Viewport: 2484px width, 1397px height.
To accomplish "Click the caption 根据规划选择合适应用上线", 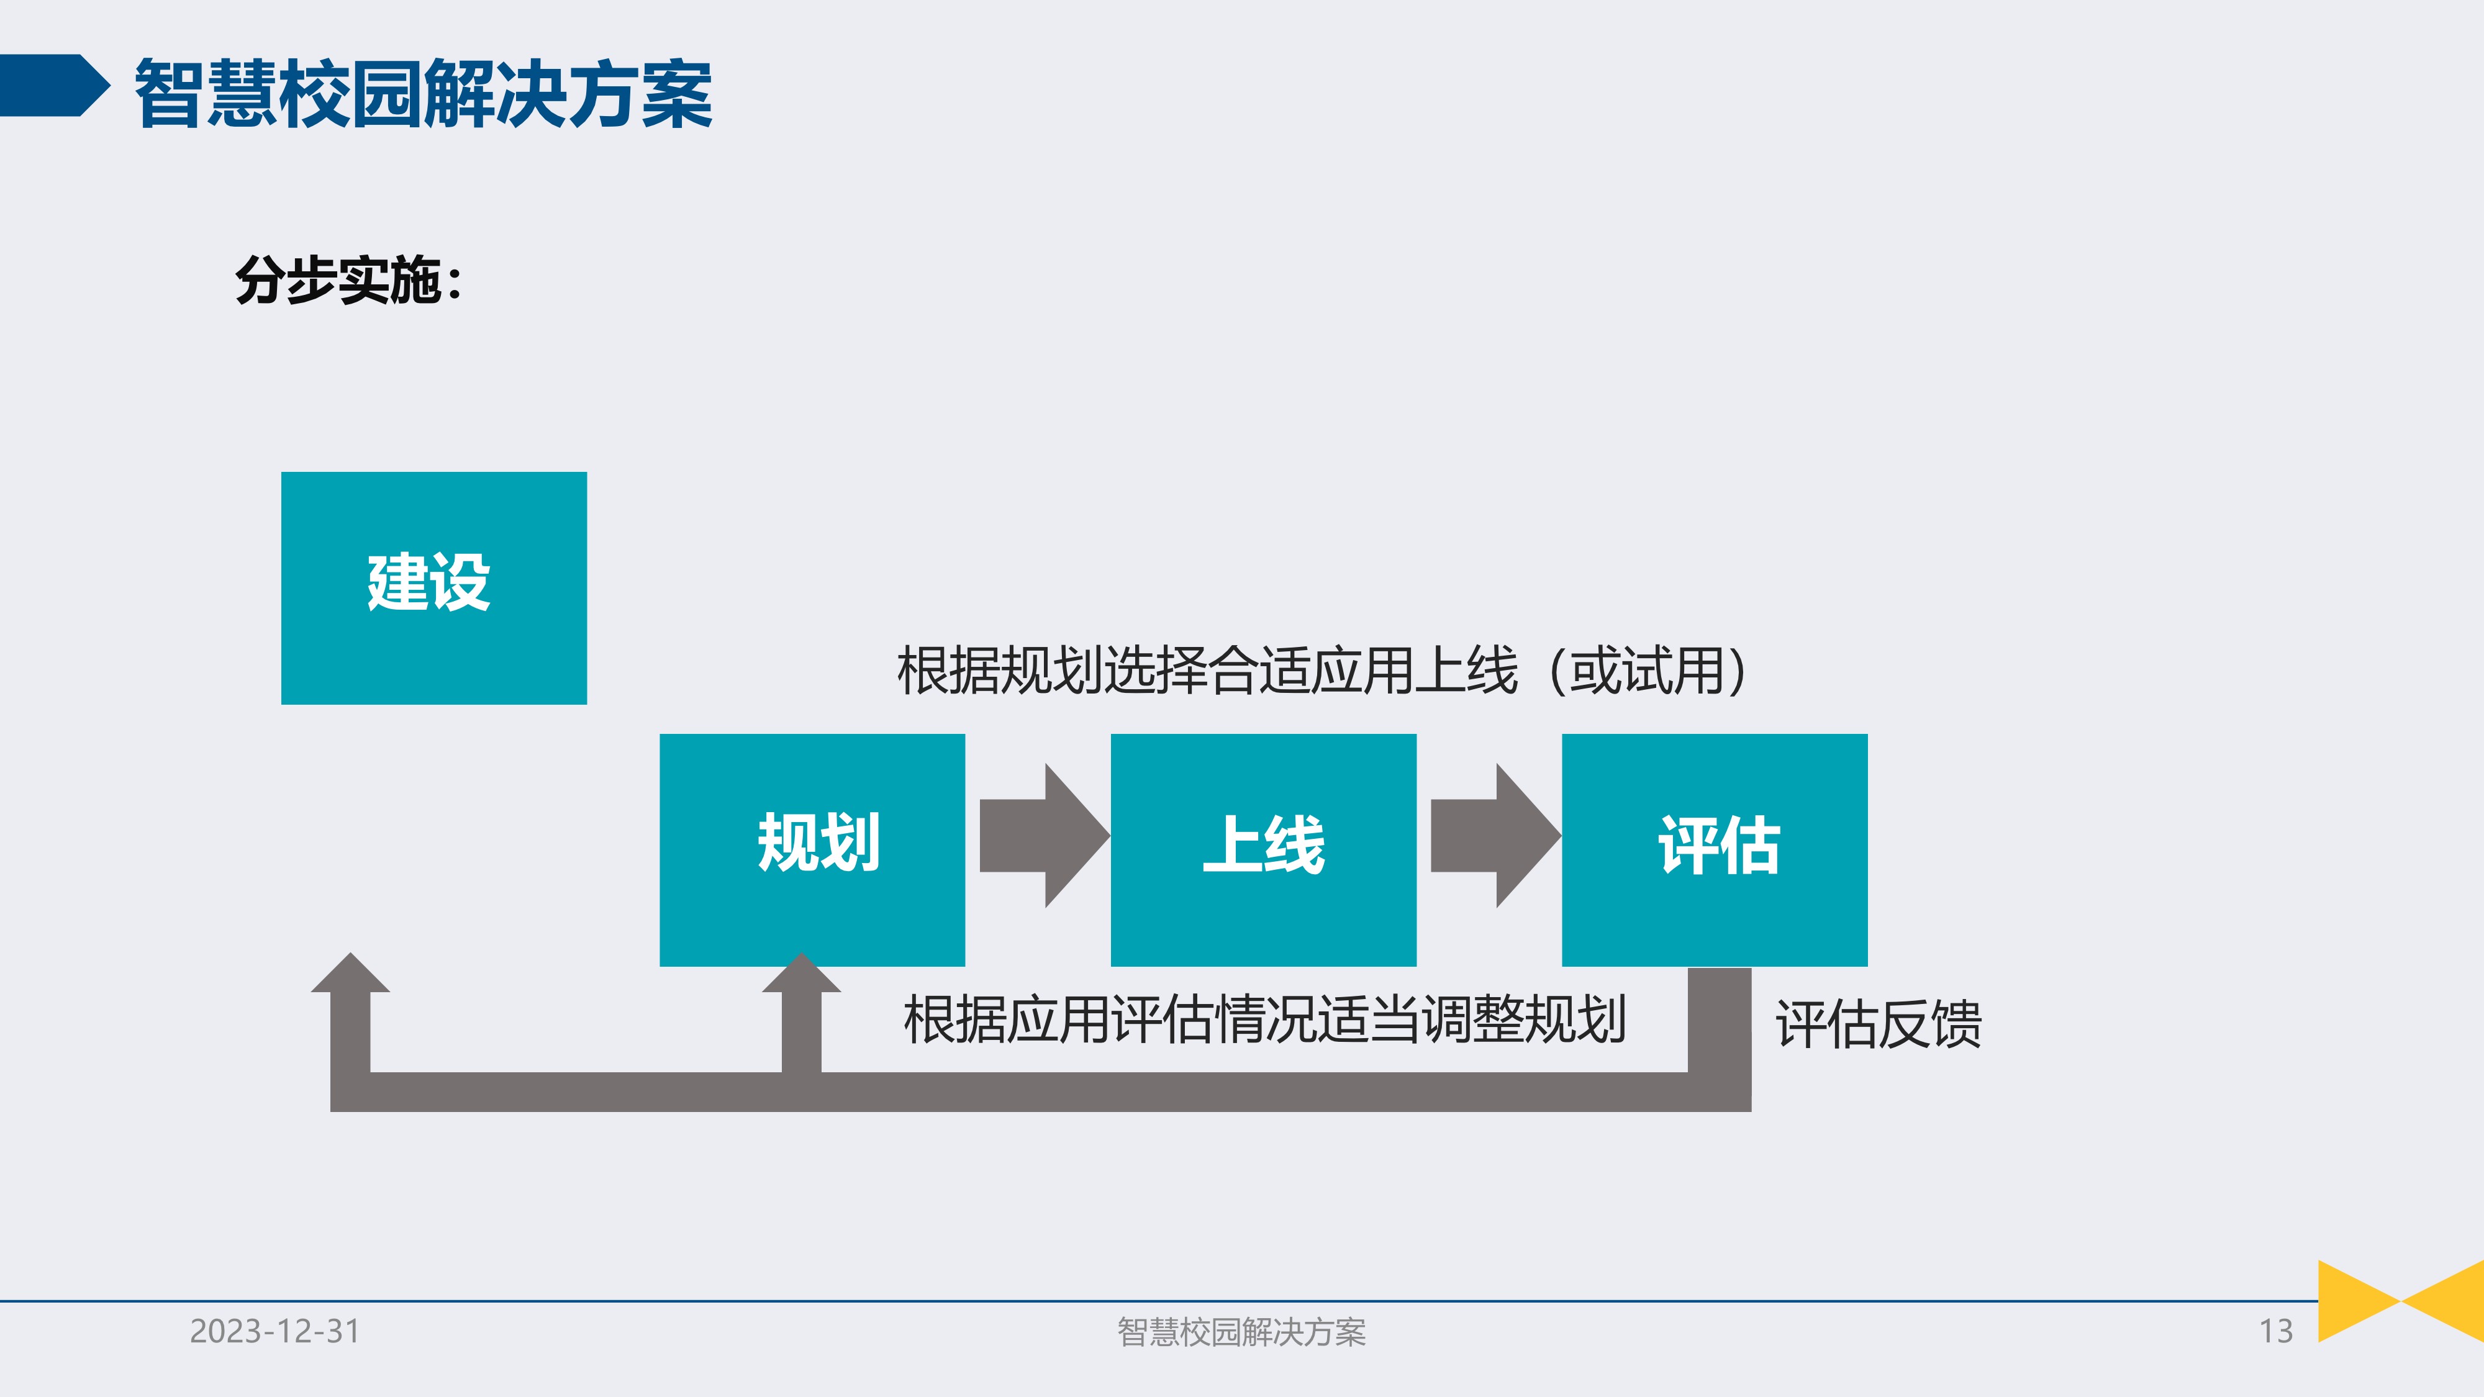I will (x=1205, y=670).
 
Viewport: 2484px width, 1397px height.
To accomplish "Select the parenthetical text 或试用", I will (x=1647, y=670).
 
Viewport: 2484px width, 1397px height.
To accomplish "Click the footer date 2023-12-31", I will (x=275, y=1331).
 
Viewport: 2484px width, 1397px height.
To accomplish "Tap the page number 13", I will (x=2276, y=1331).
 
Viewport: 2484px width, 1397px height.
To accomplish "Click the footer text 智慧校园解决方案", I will (x=1241, y=1331).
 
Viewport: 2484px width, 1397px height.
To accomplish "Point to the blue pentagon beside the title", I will (x=53, y=86).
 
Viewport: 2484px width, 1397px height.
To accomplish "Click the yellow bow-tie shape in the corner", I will (x=2400, y=1301).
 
